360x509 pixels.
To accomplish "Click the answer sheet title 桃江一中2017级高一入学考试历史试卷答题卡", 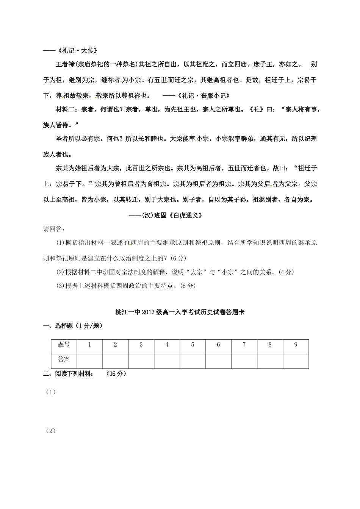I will click(180, 312).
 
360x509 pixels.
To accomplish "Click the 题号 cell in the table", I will click(64, 345).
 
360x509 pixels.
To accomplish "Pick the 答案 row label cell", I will click(64, 359).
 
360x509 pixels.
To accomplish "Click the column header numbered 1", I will click(89, 345).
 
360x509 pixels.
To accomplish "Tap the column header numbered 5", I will click(193, 345).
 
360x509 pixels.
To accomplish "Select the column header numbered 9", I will click(296, 345).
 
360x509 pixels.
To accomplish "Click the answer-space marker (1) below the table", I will click(50, 392).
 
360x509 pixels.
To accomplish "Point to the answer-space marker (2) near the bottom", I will click(50, 431).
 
